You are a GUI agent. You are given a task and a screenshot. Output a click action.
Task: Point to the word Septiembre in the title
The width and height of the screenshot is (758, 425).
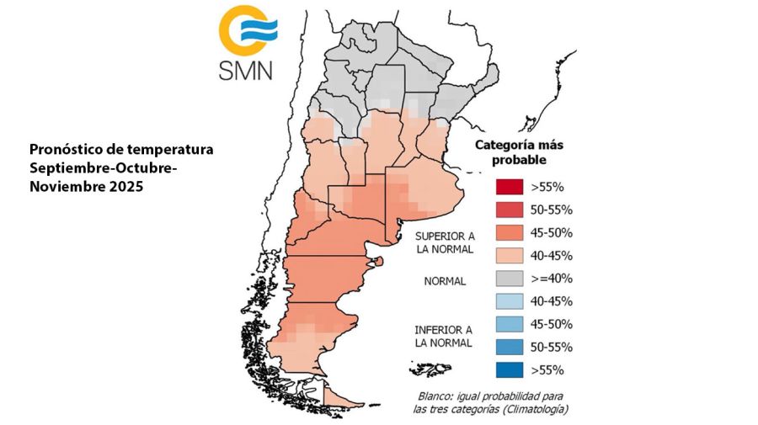pos(66,168)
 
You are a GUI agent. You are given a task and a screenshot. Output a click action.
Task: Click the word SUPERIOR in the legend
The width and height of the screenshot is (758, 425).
pos(435,236)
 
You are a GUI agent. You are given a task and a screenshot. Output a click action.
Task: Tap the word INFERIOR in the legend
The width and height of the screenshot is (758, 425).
pos(435,329)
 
